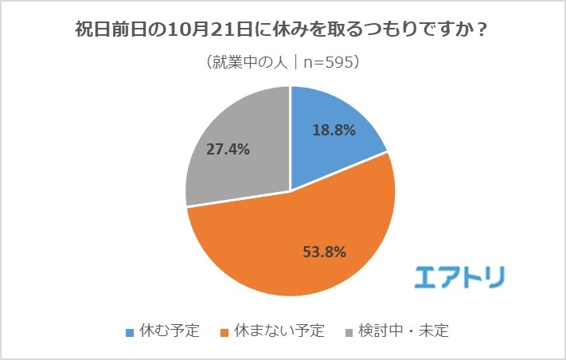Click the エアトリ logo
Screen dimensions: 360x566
click(459, 275)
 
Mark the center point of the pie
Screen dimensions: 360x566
click(291, 191)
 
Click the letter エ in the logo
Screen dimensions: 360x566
click(428, 275)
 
